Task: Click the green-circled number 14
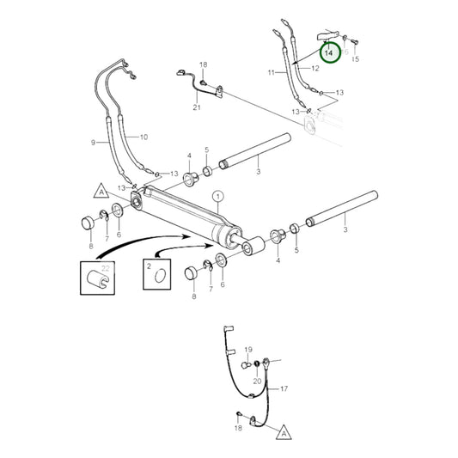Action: pyautogui.click(x=329, y=52)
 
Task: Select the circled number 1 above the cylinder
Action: pyautogui.click(x=217, y=197)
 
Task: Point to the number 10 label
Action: pyautogui.click(x=144, y=137)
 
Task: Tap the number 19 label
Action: pyautogui.click(x=247, y=349)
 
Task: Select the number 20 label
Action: pyautogui.click(x=258, y=380)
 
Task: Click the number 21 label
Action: pyautogui.click(x=196, y=107)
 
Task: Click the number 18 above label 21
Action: pyautogui.click(x=204, y=65)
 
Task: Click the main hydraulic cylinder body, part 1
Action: pyautogui.click(x=185, y=215)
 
